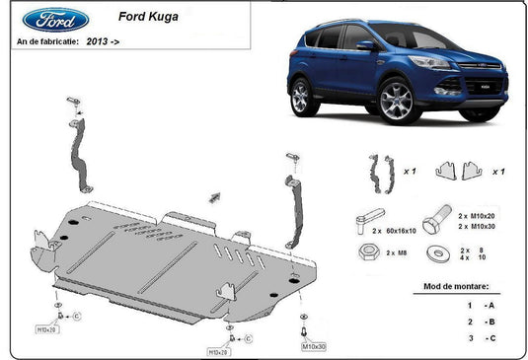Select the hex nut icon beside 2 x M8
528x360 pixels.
[367, 252]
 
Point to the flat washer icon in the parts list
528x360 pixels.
[435, 252]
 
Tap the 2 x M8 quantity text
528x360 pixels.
[395, 252]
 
